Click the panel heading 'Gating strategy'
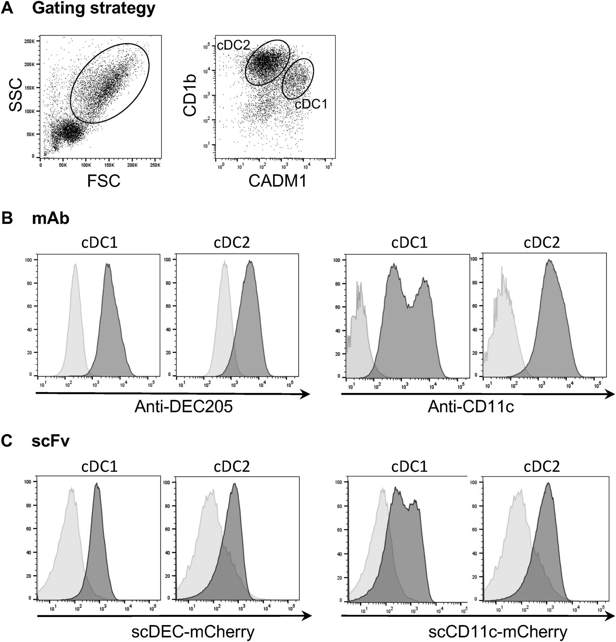[x=94, y=8]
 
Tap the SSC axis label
[x=16, y=95]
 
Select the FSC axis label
[x=104, y=181]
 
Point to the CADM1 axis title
[x=278, y=181]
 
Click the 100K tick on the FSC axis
[x=86, y=165]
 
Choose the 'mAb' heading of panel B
[x=51, y=219]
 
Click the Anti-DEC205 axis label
[x=183, y=407]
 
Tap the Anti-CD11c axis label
[x=471, y=407]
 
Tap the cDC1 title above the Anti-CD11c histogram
[x=409, y=243]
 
